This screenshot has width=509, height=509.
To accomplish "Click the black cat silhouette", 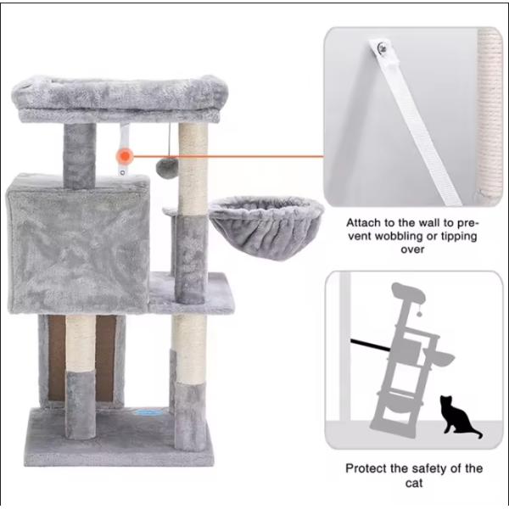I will coord(458,418).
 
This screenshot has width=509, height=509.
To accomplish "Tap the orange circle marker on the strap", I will coord(126,156).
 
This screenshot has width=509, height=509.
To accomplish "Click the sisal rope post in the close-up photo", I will coord(489,110).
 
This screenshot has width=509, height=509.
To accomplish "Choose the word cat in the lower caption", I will coord(414,484).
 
